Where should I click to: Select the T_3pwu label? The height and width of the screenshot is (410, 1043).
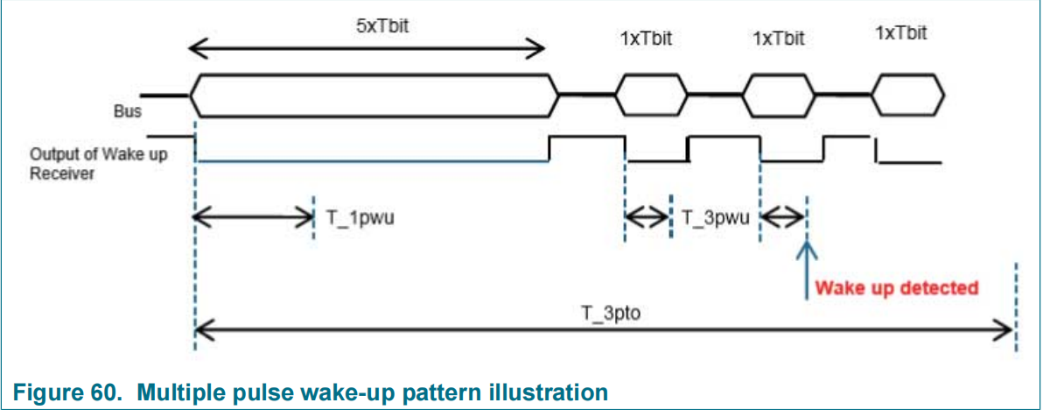pyautogui.click(x=715, y=218)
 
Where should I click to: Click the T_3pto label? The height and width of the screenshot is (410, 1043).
pyautogui.click(x=604, y=315)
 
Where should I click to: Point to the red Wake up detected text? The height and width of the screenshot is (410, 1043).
pyautogui.click(x=896, y=287)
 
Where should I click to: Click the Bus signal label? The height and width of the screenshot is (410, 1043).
pyautogui.click(x=128, y=112)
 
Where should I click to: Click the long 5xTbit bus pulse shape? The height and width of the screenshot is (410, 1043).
pyautogui.click(x=374, y=93)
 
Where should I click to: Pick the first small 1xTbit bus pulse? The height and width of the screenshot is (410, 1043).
pyautogui.click(x=650, y=93)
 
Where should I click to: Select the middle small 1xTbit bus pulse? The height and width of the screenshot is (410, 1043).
pyautogui.click(x=778, y=93)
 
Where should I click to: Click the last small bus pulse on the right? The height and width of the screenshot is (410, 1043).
pyautogui.click(x=910, y=93)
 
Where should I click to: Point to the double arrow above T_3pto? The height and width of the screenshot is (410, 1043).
pyautogui.click(x=604, y=330)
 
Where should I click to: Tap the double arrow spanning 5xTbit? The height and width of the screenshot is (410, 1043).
pyautogui.click(x=367, y=49)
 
